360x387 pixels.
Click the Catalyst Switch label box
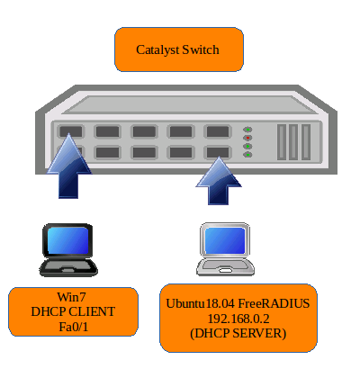coord(179,49)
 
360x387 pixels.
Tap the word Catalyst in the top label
coord(157,50)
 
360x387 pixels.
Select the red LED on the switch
coord(247,138)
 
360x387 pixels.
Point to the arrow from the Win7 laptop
coord(69,166)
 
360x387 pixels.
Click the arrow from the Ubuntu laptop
coord(219,181)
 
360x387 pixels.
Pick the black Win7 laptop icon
coord(68,249)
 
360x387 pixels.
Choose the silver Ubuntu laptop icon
coord(225,249)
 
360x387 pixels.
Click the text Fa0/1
coord(74,327)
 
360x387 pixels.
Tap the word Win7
coord(72,297)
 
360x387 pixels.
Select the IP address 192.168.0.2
coord(238,319)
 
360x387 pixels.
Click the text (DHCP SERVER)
coord(238,334)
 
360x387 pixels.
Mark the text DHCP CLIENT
coord(73,311)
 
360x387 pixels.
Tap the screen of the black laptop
coord(68,240)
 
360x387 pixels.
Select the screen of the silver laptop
coord(225,240)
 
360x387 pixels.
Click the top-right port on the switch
coord(218,131)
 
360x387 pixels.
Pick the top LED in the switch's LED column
coord(247,130)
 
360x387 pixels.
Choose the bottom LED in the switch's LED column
coord(247,155)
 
